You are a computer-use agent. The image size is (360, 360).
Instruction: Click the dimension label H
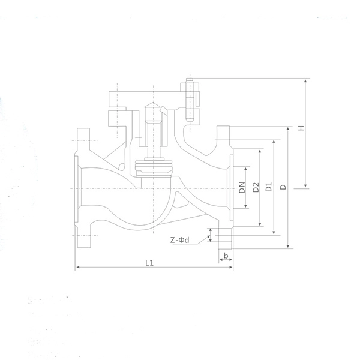[x=301, y=128]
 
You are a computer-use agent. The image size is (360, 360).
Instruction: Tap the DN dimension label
[x=242, y=187]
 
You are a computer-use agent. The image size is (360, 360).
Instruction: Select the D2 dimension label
[x=256, y=187]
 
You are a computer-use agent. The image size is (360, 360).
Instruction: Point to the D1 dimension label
[x=269, y=187]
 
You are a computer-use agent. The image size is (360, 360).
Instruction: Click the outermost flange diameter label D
[x=283, y=187]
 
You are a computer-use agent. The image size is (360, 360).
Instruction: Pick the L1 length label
[x=149, y=263]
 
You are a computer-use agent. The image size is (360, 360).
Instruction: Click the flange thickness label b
[x=226, y=256]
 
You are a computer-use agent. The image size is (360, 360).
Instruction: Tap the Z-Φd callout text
[x=179, y=240]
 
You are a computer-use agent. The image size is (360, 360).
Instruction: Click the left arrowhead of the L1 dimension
[x=78, y=267]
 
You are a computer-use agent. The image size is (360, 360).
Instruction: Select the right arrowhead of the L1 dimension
[x=231, y=267]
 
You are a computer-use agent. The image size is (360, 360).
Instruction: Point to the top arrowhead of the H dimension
[x=305, y=81]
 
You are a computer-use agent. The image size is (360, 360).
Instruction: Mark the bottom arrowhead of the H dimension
[x=305, y=185]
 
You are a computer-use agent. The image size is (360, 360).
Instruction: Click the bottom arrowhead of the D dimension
[x=288, y=246]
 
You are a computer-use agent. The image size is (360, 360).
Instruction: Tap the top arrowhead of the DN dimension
[x=245, y=169]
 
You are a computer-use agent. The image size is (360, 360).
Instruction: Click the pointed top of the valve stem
[x=153, y=103]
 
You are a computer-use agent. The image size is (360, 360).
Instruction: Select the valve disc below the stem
[x=154, y=168]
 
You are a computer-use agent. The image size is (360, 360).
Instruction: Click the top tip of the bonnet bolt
[x=190, y=78]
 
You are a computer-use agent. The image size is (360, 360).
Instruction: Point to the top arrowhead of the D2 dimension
[x=260, y=152]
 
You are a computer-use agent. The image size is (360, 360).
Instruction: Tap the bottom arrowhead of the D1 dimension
[x=274, y=232]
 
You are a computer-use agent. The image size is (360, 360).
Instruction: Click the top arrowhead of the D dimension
[x=288, y=129]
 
